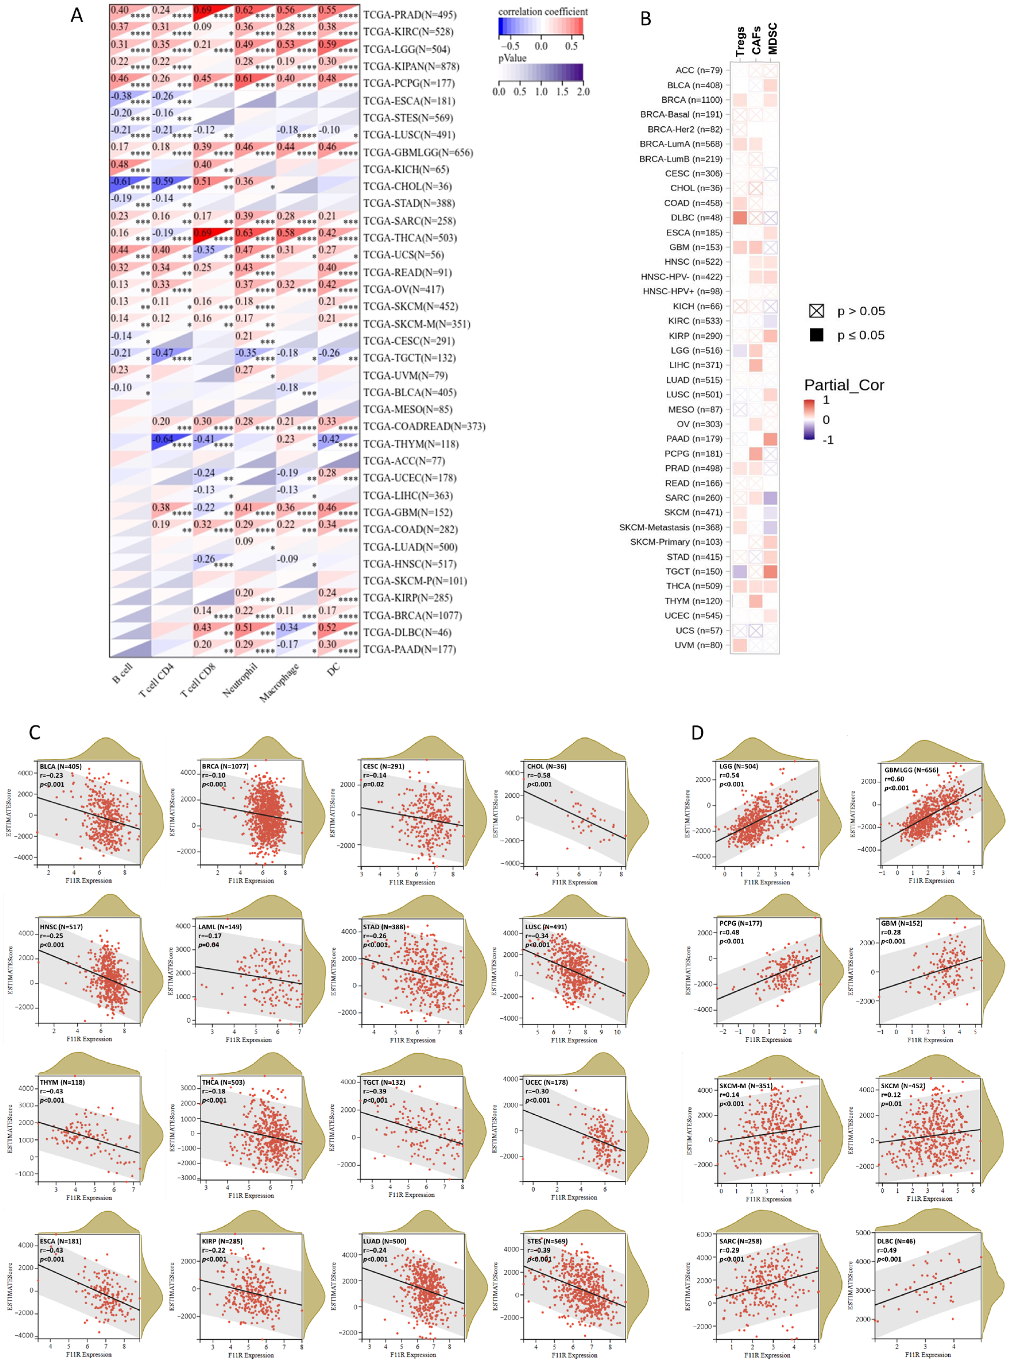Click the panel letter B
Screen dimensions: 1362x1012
646,19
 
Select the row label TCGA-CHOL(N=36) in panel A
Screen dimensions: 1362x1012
409,186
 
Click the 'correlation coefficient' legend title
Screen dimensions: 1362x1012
543,11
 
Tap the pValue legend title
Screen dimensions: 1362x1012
512,58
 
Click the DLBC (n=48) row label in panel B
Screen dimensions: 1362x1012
696,218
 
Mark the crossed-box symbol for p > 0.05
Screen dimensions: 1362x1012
816,311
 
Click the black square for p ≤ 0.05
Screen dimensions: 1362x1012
816,335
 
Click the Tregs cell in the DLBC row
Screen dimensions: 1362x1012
740,218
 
